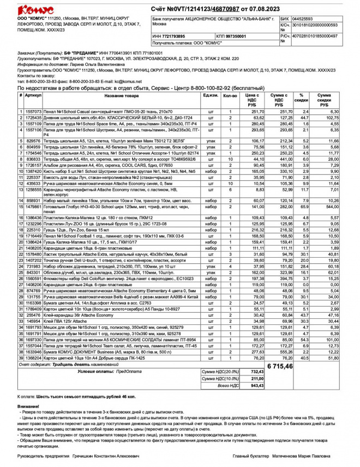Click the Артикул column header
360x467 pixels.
coord(33,95)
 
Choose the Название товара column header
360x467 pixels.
coord(121,95)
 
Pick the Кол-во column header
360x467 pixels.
coord(230,95)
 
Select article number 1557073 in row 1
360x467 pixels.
coord(33,111)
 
